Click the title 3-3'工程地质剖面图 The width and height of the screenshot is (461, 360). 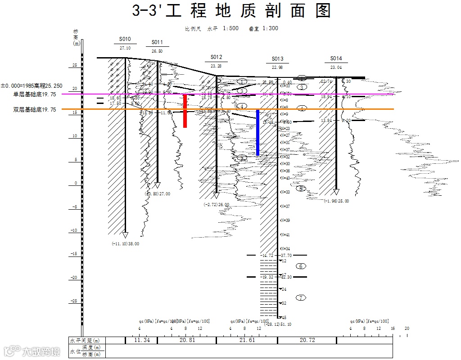[231, 11]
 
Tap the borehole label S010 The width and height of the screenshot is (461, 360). [125, 39]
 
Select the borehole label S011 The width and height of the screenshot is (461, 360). [157, 42]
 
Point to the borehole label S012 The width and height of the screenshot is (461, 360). [216, 57]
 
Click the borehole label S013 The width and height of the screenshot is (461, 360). [277, 59]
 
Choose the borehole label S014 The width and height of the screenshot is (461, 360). [336, 58]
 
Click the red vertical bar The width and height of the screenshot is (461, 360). [185, 111]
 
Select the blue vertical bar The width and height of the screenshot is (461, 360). [258, 132]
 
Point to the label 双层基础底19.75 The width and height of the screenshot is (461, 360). [35, 109]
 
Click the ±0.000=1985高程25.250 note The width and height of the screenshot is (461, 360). [32, 85]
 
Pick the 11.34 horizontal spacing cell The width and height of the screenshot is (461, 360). [142, 340]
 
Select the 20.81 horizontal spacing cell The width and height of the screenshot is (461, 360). [187, 340]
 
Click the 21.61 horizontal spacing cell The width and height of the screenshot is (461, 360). [247, 340]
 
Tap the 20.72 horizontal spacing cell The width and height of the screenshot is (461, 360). [307, 340]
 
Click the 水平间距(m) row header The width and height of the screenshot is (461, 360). [85, 340]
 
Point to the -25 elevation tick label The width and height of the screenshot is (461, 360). [74, 301]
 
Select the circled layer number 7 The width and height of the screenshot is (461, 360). [301, 298]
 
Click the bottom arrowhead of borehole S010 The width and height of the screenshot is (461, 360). [125, 235]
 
